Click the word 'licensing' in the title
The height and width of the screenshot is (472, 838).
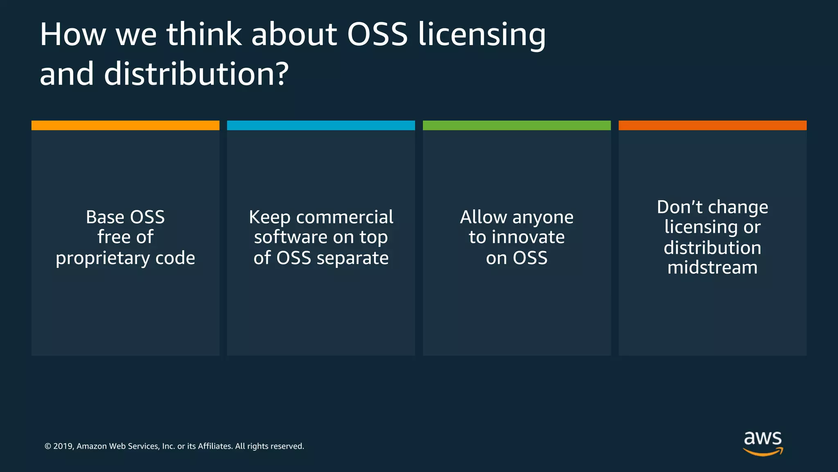tap(482, 35)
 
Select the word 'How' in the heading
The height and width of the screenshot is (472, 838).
tap(73, 34)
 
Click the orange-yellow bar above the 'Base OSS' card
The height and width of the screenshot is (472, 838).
tap(125, 125)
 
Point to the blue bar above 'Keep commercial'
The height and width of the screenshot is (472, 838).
tap(321, 125)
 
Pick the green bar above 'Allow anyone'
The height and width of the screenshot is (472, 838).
tap(516, 125)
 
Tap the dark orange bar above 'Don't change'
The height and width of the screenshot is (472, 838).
tap(712, 125)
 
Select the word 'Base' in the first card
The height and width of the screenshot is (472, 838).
tap(104, 217)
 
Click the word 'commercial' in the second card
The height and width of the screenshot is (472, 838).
tap(345, 217)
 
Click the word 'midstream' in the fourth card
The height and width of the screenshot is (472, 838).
tap(712, 268)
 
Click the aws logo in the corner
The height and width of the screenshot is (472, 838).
tap(763, 443)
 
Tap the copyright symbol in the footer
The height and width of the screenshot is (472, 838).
tap(48, 446)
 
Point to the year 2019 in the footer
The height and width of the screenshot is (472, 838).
tap(63, 446)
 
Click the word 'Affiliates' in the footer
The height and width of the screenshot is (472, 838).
tap(215, 446)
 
